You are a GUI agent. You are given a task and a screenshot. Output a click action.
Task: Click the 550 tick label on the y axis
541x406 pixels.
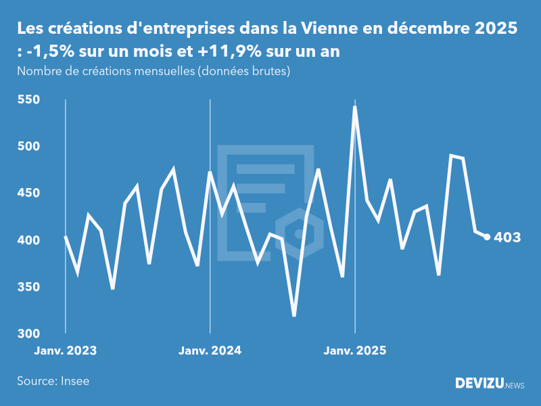tap(29, 100)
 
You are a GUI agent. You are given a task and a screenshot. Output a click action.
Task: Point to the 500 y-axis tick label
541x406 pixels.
tap(29, 147)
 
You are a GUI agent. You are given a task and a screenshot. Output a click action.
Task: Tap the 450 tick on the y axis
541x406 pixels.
tap(29, 194)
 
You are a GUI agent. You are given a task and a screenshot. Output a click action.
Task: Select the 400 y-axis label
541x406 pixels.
tap(29, 240)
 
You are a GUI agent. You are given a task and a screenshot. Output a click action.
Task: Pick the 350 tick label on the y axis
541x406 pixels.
tap(29, 287)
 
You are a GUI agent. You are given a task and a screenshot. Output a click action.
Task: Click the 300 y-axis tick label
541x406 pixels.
tap(29, 334)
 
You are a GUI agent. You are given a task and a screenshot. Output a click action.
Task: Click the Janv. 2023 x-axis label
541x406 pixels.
tap(66, 351)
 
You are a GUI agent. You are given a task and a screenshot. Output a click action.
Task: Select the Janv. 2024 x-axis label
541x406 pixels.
tap(210, 351)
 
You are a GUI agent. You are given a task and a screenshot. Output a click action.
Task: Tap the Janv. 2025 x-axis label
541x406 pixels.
tap(355, 351)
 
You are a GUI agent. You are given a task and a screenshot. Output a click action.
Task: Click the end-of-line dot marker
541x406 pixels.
tap(487, 237)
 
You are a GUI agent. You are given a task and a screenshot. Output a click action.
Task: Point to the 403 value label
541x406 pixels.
tap(507, 238)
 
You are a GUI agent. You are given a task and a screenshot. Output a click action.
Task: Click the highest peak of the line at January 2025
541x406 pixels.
tap(355, 107)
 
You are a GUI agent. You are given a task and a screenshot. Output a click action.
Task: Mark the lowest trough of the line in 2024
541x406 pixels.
tap(294, 315)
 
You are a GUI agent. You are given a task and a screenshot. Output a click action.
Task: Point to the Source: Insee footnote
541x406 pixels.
tap(53, 381)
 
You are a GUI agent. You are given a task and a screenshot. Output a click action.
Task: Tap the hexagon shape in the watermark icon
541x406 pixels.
tap(298, 234)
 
